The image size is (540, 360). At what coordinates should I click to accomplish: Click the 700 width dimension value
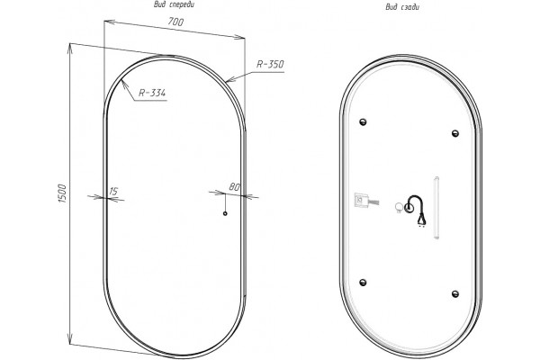coord(175,22)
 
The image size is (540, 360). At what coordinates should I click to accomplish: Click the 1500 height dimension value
coord(62,193)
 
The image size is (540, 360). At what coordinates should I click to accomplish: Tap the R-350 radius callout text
coord(270,65)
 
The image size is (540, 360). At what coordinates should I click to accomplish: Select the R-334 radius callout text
coord(152,93)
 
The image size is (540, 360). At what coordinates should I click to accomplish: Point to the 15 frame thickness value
coord(113,191)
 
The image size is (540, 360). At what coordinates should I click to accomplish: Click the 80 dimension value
coord(234,186)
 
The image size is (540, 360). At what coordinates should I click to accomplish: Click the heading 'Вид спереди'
coord(174,4)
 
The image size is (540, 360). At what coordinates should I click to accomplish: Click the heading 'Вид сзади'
coord(402,7)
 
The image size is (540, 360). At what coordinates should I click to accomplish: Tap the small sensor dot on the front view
coord(225,213)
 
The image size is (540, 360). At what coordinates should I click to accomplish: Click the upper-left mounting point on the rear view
coord(363,122)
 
